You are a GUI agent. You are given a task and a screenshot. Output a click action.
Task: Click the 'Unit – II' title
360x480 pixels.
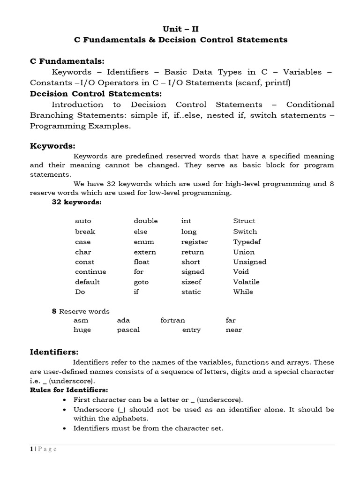pos(180,29)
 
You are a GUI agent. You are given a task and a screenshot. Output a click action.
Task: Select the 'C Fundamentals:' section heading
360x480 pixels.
pos(67,61)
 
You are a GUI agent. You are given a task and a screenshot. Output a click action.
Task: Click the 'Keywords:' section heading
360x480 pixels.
pos(52,146)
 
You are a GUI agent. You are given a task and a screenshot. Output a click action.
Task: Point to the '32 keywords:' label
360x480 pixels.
pos(76,202)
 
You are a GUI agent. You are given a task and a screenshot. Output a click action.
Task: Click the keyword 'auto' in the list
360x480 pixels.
pos(83,221)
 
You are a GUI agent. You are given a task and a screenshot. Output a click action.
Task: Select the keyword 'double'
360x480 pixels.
pos(145,221)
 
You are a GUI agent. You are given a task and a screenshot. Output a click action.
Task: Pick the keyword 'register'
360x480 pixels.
pos(195,242)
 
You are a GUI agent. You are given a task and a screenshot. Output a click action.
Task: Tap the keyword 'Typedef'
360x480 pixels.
pos(247,242)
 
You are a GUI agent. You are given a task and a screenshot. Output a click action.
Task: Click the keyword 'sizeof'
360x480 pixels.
pos(192,282)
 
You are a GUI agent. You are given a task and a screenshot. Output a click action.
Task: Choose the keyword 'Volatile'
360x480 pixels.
pos(246,282)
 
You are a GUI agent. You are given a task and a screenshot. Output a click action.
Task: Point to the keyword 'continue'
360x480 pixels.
pos(90,272)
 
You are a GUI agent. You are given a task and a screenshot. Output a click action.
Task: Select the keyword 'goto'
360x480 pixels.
pos(141,282)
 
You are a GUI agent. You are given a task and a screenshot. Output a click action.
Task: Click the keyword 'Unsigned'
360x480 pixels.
pos(249,262)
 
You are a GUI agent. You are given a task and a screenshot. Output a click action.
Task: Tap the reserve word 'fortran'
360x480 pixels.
pos(172,321)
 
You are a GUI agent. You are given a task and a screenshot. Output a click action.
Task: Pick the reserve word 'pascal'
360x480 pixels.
pos(128,330)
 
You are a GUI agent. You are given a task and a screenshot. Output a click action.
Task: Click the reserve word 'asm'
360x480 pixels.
pos(81,321)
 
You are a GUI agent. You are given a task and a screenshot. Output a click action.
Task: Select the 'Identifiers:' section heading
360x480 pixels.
pos(54,352)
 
